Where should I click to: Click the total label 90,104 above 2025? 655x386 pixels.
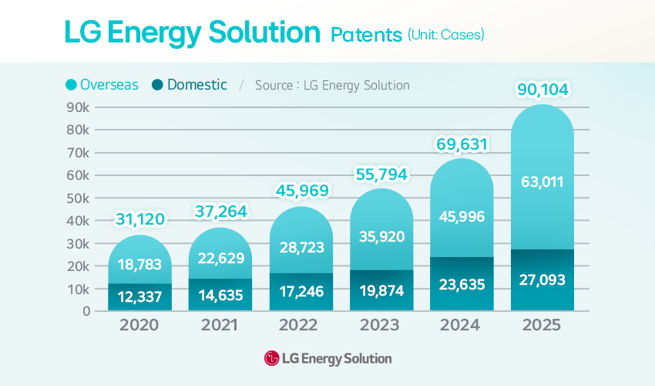click(x=542, y=90)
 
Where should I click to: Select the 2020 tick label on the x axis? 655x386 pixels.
click(x=139, y=325)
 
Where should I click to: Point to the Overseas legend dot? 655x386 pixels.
click(x=72, y=85)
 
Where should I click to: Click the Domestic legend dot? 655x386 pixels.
click(x=158, y=85)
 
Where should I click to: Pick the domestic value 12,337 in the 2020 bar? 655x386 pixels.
click(x=139, y=296)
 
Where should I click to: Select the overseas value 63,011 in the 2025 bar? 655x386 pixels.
click(x=542, y=183)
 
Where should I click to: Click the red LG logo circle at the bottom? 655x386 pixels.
click(x=271, y=358)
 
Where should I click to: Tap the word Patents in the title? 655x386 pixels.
click(x=366, y=35)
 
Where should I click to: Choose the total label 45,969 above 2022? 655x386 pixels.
click(x=301, y=190)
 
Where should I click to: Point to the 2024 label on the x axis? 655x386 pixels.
click(x=461, y=325)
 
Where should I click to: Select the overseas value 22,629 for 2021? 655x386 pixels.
click(x=220, y=258)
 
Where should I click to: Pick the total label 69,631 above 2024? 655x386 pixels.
click(x=461, y=144)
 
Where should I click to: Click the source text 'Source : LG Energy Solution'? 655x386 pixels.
click(x=332, y=85)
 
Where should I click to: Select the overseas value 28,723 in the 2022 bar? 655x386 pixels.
click(x=301, y=247)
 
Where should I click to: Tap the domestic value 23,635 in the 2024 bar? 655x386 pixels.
click(x=461, y=284)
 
